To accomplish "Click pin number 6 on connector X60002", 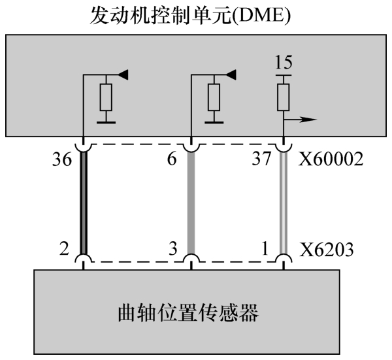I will click(x=172, y=160).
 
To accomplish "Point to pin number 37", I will click(x=263, y=160).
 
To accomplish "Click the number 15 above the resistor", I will click(x=284, y=64).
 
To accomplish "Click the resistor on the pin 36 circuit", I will click(x=107, y=99).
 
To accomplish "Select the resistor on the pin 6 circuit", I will click(x=214, y=99).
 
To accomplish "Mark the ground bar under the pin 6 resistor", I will click(x=214, y=120).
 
